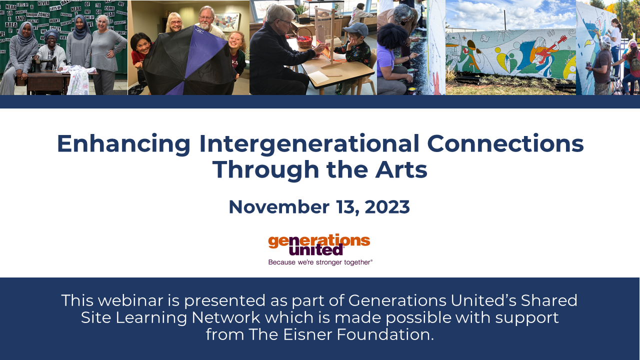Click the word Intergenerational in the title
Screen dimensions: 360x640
(309, 143)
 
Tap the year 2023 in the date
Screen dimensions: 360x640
(387, 207)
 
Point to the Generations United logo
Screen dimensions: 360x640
(319, 244)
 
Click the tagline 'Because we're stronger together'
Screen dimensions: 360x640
(320, 262)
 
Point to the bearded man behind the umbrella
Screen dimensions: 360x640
(206, 20)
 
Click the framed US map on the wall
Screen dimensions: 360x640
(228, 22)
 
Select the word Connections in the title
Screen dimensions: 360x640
(505, 143)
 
